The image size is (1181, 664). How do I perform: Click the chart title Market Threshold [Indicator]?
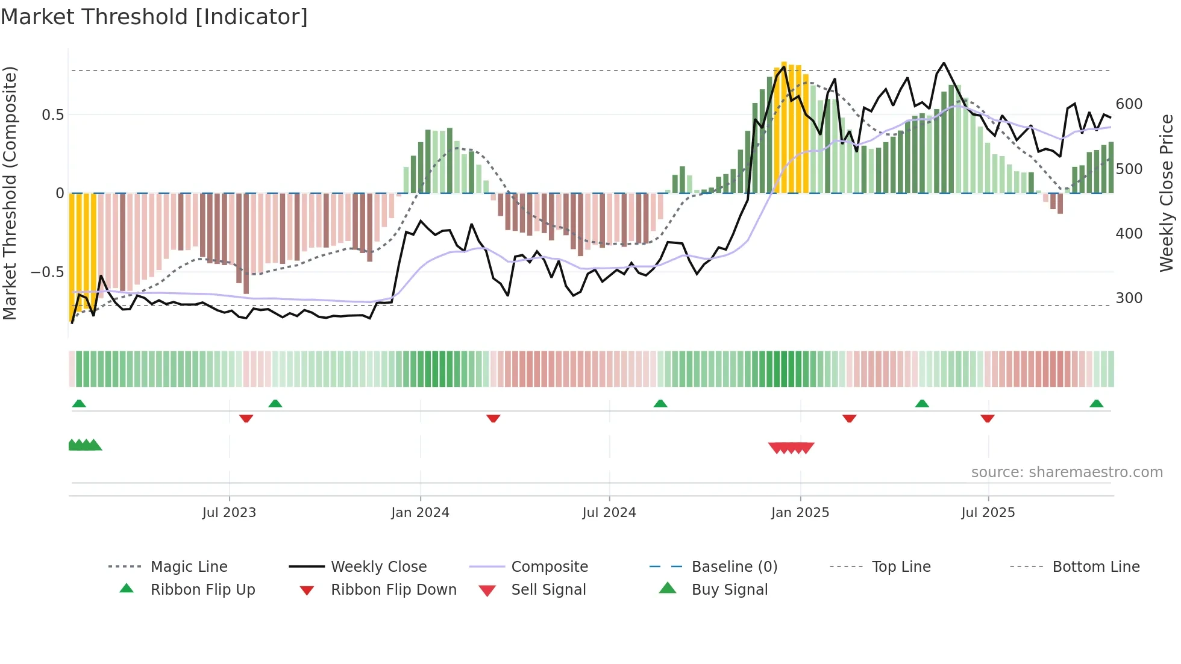(154, 17)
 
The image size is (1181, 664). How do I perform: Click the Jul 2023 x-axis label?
(229, 513)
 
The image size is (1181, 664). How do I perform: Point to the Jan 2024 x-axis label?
(420, 513)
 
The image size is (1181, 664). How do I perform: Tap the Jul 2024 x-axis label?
(609, 513)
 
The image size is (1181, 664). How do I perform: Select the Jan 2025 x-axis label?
(800, 513)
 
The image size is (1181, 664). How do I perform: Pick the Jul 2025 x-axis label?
(988, 513)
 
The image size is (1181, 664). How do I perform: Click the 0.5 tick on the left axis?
(53, 114)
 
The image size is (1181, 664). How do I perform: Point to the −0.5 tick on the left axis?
(48, 272)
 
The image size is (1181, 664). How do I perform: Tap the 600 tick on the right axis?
(1129, 104)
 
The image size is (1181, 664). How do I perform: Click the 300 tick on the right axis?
(1129, 298)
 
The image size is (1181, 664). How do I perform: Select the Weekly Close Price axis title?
(1167, 193)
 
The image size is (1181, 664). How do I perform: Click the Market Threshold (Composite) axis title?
(10, 193)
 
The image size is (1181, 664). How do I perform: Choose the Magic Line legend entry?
(189, 567)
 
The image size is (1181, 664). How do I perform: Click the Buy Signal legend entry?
(729, 590)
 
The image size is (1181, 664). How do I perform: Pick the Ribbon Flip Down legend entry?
(393, 590)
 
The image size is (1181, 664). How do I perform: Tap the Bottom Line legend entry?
(1095, 567)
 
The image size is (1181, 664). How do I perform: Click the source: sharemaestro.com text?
(1067, 472)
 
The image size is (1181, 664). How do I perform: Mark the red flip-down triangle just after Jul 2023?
(246, 418)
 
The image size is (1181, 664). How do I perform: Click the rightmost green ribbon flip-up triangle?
(1096, 404)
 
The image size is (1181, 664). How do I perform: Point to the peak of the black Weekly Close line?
(944, 63)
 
